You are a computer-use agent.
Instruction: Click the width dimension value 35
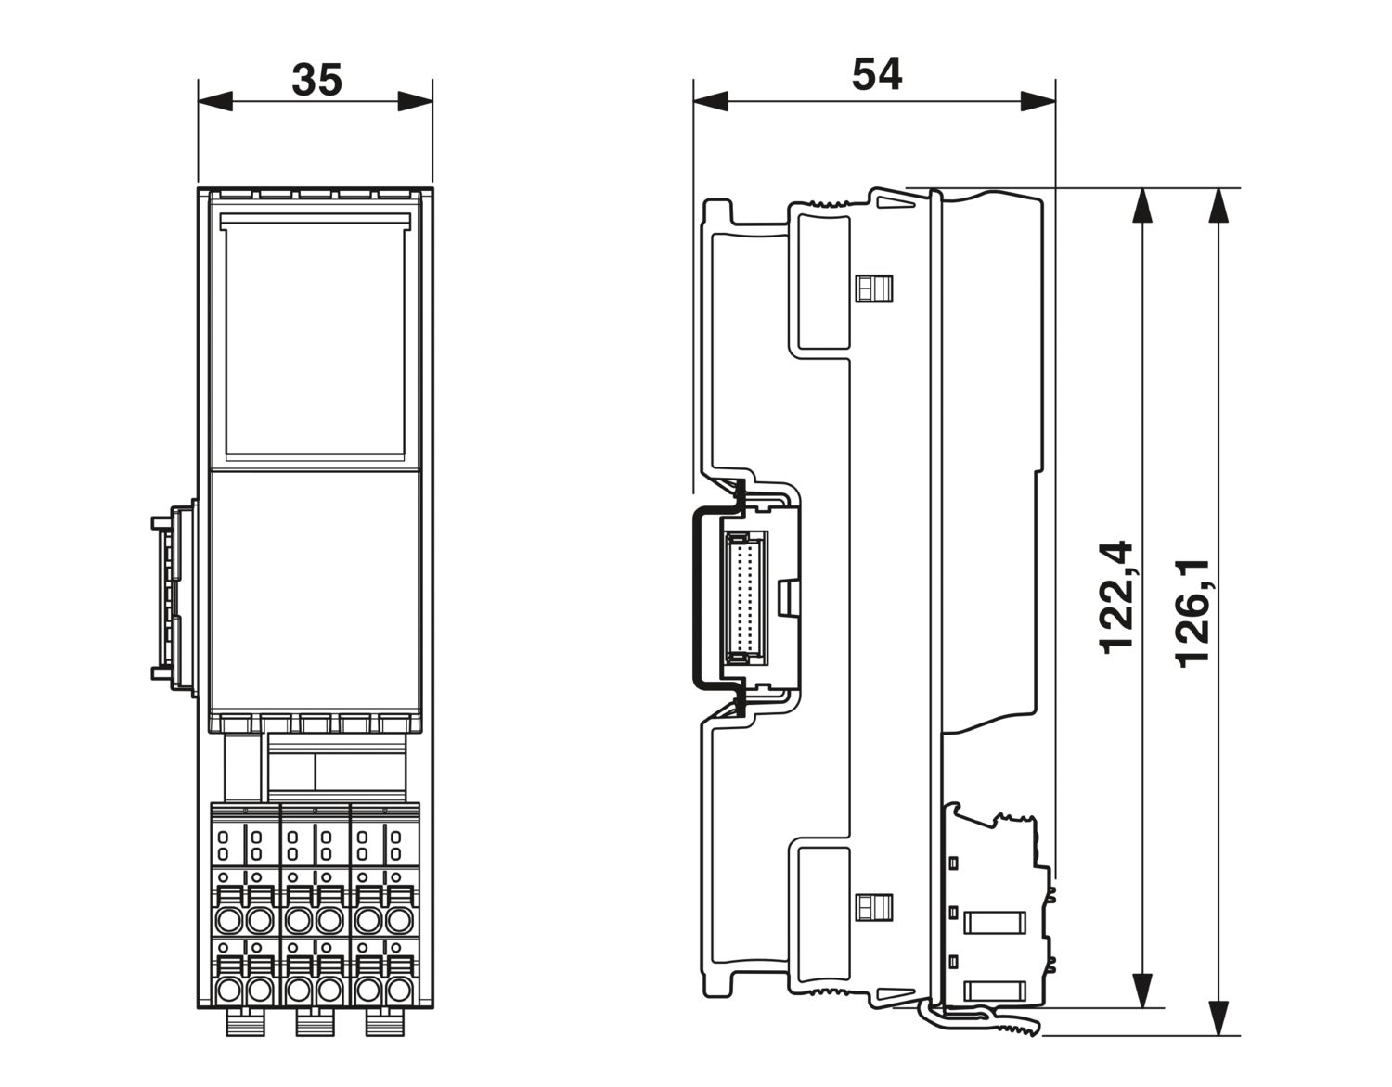pyautogui.click(x=316, y=80)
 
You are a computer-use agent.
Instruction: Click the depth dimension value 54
pyautogui.click(x=877, y=74)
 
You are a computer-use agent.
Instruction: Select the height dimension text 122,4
pyautogui.click(x=1116, y=598)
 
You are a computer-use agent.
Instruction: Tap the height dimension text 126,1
pyautogui.click(x=1192, y=614)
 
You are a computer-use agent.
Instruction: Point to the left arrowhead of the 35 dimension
pyautogui.click(x=215, y=101)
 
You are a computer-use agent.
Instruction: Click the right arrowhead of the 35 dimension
pyautogui.click(x=415, y=101)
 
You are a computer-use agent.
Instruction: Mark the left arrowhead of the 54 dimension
pyautogui.click(x=711, y=101)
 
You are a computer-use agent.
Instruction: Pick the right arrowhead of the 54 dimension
pyautogui.click(x=1038, y=101)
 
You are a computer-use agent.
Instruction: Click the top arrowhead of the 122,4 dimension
pyautogui.click(x=1142, y=206)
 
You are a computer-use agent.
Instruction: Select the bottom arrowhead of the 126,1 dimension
pyautogui.click(x=1218, y=1018)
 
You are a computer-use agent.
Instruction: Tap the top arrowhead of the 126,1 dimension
pyautogui.click(x=1218, y=206)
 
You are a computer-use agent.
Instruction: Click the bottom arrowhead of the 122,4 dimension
pyautogui.click(x=1142, y=991)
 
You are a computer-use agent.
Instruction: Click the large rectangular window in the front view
pyautogui.click(x=316, y=339)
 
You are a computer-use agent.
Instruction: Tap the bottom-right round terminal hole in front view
pyautogui.click(x=399, y=991)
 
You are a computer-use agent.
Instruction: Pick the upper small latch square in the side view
pyautogui.click(x=874, y=288)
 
